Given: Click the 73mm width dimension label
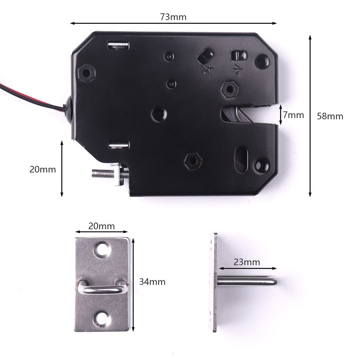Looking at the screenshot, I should [174, 17].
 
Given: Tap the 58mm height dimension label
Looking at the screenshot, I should [330, 116].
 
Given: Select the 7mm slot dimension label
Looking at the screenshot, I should [293, 115].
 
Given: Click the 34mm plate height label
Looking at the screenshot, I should [152, 282].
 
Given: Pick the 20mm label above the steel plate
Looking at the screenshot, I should [102, 226].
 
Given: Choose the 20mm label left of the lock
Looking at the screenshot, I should [43, 169].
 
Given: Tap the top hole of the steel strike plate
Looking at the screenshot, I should [102, 249].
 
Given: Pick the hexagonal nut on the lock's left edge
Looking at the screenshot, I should [86, 73].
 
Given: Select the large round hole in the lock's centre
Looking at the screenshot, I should [159, 114].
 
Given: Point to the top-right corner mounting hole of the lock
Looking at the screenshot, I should [262, 61].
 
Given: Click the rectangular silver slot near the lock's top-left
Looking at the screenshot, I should [118, 45].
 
